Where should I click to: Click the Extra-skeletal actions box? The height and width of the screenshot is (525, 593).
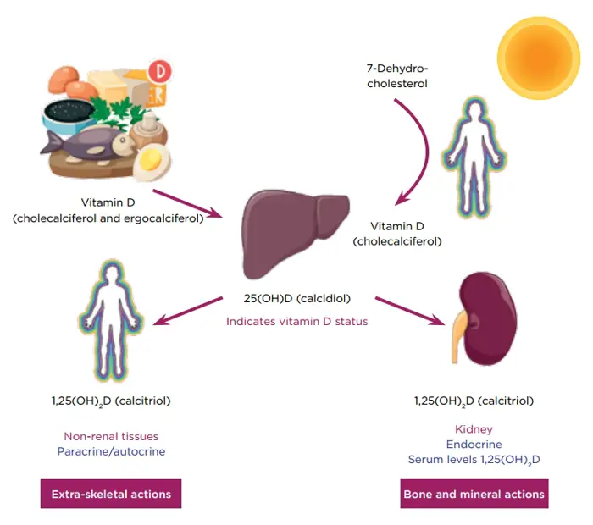[x=111, y=494]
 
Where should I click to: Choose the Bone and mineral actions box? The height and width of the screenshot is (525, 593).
[x=474, y=494]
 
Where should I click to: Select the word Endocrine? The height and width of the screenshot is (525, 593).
[x=474, y=444]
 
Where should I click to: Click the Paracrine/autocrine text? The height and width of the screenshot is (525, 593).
[x=111, y=451]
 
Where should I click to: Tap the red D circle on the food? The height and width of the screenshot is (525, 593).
[x=160, y=71]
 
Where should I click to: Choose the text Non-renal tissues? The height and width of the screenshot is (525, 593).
[x=111, y=437]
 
